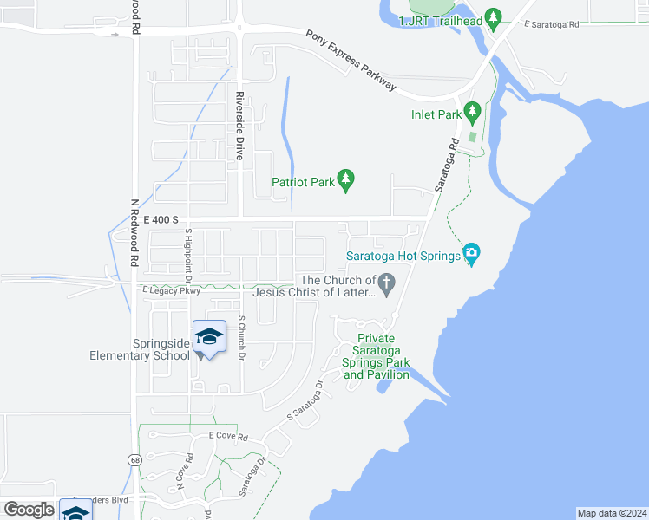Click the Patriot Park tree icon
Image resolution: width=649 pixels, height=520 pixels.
tap(346, 180)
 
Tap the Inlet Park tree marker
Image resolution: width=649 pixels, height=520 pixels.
tap(472, 112)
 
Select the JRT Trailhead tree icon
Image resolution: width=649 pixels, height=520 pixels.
tap(493, 16)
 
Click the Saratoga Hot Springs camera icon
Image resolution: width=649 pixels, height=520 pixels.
tap(471, 253)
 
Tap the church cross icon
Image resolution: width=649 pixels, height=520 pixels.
tap(388, 281)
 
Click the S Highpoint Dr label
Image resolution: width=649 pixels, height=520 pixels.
tap(187, 256)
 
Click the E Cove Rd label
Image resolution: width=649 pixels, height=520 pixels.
tap(228, 437)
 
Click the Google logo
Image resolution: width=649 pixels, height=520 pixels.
tap(29, 510)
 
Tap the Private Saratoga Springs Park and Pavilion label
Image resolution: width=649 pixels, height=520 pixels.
tap(377, 356)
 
